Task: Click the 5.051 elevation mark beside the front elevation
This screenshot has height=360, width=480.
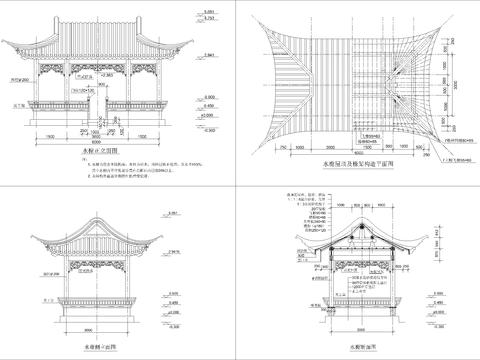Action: click(208, 9)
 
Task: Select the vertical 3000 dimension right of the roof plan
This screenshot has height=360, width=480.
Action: click(451, 110)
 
